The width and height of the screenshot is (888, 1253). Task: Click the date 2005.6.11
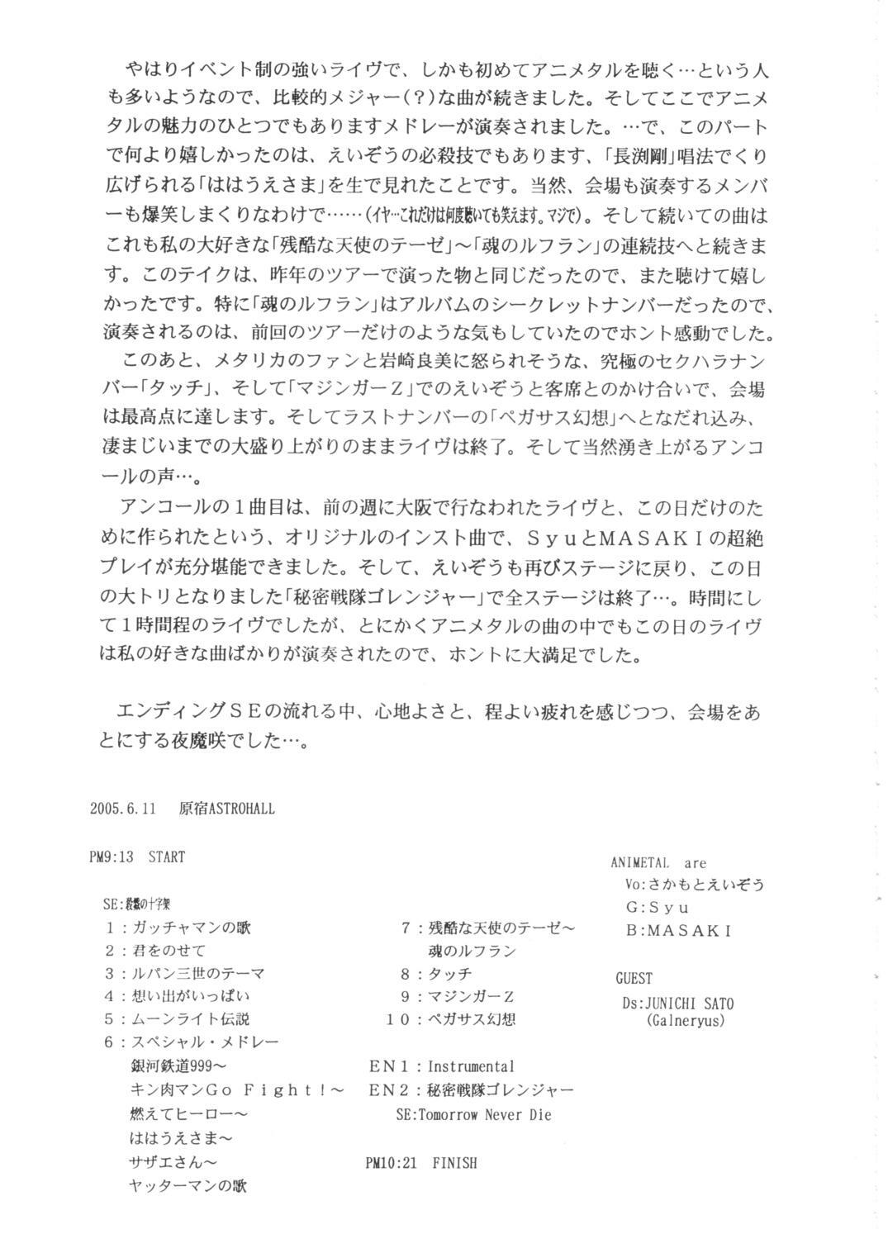coord(135,809)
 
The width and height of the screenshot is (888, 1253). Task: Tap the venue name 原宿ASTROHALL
coord(226,809)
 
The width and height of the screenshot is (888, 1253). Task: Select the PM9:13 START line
coord(137,857)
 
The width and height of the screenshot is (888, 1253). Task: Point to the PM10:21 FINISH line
coord(420,1163)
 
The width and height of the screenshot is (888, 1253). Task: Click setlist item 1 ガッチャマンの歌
coord(178,928)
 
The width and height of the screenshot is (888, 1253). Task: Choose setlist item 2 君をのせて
coord(156,951)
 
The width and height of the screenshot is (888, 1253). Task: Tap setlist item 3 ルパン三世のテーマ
coord(185,974)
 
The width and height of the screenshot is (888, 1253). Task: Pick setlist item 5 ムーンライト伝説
coord(178,1019)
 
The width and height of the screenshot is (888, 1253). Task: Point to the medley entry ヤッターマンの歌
coord(188,1185)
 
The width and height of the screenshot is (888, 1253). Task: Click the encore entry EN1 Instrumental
coord(441,1066)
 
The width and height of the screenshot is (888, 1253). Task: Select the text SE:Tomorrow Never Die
coord(473,1114)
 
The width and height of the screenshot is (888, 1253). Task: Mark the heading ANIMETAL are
coord(658,863)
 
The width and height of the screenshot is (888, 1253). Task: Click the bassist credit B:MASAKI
coord(678,930)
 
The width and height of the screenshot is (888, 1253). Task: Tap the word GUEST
coord(634,979)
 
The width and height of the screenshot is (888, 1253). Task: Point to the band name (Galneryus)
coord(685,1020)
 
